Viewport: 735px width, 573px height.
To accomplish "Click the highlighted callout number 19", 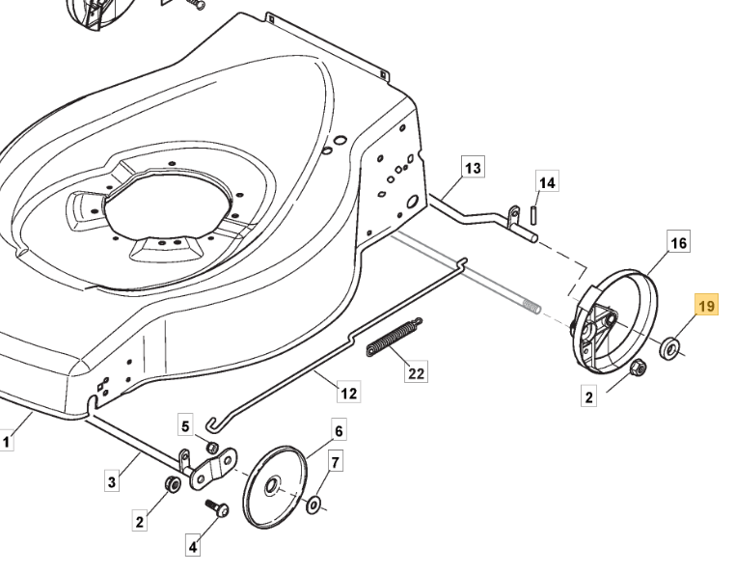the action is click(x=706, y=306).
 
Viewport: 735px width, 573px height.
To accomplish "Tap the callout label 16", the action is click(x=679, y=243).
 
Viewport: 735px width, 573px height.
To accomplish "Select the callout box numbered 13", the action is click(x=473, y=168).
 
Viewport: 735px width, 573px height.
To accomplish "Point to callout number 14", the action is click(x=547, y=182).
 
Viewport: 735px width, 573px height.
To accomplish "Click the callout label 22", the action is click(x=417, y=372).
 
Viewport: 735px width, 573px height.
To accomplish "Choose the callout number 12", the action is click(x=349, y=393).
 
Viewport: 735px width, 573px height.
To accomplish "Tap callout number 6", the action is click(x=339, y=430).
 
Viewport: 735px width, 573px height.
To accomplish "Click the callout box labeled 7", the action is click(x=335, y=462).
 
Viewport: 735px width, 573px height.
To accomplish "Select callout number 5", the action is click(x=185, y=426).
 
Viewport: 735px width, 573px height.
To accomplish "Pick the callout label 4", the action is click(x=193, y=546).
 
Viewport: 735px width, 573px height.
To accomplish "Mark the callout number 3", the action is click(x=112, y=481).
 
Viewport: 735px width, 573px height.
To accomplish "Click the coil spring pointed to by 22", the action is click(x=394, y=337).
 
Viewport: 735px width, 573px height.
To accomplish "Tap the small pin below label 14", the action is click(x=533, y=216).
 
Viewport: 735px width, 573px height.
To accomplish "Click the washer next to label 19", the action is click(x=669, y=348).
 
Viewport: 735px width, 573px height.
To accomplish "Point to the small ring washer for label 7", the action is click(x=313, y=505).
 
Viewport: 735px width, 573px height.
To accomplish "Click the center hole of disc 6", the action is click(x=271, y=486).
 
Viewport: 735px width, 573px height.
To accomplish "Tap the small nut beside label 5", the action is click(x=213, y=447).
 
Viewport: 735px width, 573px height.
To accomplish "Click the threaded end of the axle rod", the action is click(x=531, y=307).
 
